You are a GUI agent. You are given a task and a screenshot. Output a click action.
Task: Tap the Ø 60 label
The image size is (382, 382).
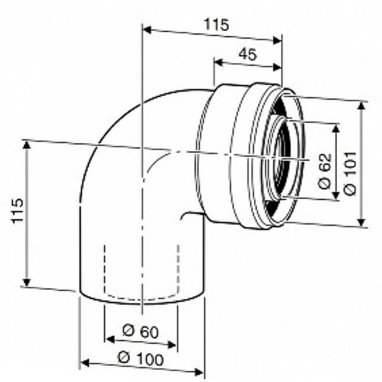pos(140,330)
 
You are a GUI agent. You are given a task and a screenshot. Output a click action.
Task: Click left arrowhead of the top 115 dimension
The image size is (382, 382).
pos(148,30)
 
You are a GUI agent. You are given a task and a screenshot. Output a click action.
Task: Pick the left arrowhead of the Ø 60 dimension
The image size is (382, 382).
pos(109,340)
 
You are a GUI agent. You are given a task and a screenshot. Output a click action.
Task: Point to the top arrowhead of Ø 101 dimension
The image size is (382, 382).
pos(362,106)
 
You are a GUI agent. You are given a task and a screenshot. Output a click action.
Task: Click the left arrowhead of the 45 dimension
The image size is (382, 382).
pos(218,62)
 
